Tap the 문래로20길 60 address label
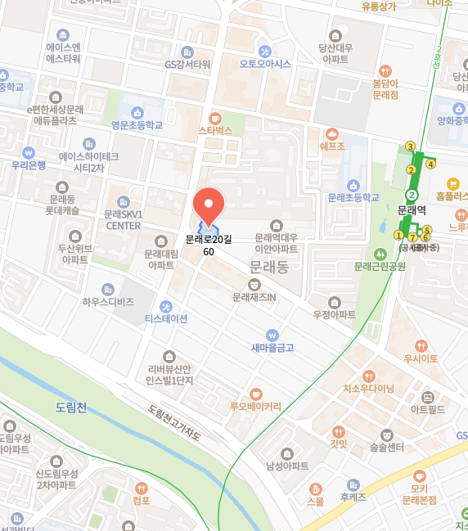point(209,245)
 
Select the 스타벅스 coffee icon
point(215,118)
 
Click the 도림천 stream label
point(71,407)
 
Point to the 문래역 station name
point(412,210)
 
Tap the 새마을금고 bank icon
point(272,335)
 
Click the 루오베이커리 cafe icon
point(255,394)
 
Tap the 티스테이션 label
point(166,317)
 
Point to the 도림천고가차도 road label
point(174,423)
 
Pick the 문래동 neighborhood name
point(269,268)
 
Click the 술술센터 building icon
point(387,434)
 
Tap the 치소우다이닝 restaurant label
point(369,388)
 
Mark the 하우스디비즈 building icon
point(107,290)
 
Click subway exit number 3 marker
point(410,146)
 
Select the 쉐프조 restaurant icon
point(331,133)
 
